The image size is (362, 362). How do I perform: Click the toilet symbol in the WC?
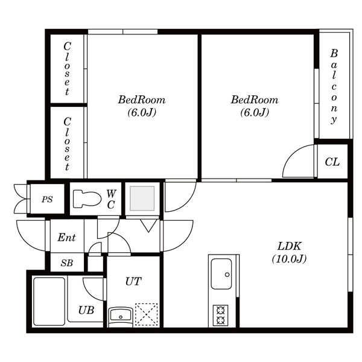click(x=87, y=198)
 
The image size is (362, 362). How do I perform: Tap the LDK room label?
click(x=289, y=246)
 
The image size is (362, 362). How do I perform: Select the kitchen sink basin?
click(x=221, y=274)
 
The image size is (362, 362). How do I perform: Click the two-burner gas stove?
click(x=220, y=316)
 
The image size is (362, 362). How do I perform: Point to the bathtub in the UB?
click(x=49, y=301)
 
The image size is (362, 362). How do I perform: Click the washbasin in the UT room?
click(x=120, y=316)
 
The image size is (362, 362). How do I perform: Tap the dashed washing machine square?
click(x=147, y=314)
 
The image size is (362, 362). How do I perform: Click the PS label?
click(x=47, y=199)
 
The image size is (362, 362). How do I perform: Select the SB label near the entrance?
click(x=67, y=263)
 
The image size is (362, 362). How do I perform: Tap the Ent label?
click(x=66, y=237)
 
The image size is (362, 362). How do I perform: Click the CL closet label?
click(x=332, y=162)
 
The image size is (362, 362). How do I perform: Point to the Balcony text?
click(x=334, y=86)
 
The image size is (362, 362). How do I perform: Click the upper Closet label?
click(x=67, y=69)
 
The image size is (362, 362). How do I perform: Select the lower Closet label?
click(x=67, y=144)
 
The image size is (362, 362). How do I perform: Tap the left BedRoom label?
click(x=142, y=100)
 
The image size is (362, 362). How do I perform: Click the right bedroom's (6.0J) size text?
click(x=255, y=112)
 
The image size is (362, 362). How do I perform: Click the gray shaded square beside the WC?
click(x=142, y=198)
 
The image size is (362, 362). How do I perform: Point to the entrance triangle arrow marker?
click(x=148, y=226)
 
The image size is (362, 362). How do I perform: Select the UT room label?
click(x=133, y=281)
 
